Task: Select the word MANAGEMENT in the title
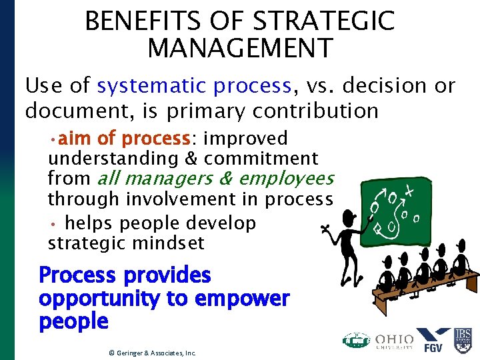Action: (240, 49)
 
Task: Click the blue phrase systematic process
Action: (194, 86)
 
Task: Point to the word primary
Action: (209, 110)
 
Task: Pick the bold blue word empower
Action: (246, 299)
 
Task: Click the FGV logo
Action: (433, 339)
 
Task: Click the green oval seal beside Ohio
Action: (356, 340)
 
